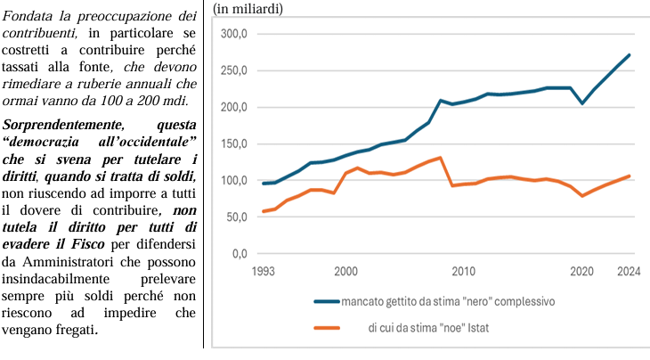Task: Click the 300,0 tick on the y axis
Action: (234, 34)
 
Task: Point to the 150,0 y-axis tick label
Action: (234, 144)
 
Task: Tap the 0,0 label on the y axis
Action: (240, 253)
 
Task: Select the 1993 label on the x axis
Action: (264, 272)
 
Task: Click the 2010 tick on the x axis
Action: (463, 272)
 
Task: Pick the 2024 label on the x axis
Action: (629, 272)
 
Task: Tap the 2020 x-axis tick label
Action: (582, 272)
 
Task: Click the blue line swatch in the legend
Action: (327, 301)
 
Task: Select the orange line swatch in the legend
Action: (327, 328)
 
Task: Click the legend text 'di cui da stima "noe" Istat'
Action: (428, 328)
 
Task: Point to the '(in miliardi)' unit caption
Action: (248, 9)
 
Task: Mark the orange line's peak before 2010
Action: (440, 158)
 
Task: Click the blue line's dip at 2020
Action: (582, 103)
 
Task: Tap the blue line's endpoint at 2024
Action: (630, 54)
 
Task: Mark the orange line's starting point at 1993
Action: (264, 211)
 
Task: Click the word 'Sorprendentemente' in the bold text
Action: (63, 126)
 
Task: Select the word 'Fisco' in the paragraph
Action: (88, 244)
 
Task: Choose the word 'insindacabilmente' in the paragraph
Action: (55, 279)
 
